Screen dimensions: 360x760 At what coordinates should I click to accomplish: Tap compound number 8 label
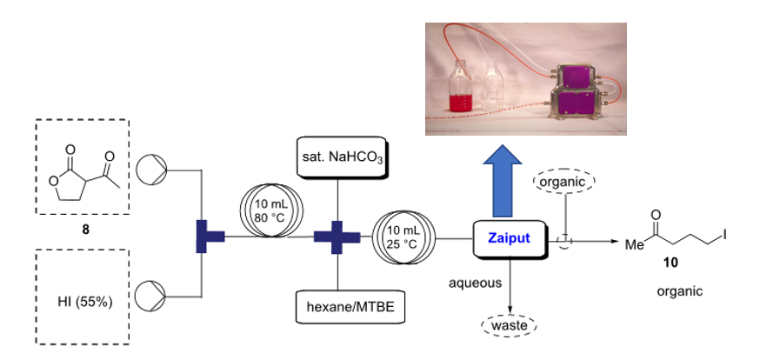click(x=84, y=231)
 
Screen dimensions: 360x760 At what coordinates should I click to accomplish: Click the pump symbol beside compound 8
click(x=155, y=167)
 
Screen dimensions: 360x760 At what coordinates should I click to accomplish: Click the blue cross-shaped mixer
click(x=337, y=237)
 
